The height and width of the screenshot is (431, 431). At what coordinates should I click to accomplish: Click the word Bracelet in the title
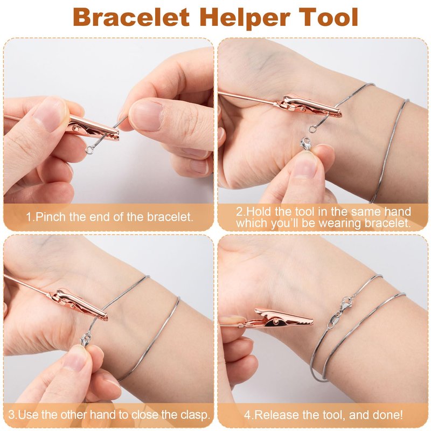click(x=131, y=17)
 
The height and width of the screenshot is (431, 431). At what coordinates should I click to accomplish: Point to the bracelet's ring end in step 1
click(x=89, y=150)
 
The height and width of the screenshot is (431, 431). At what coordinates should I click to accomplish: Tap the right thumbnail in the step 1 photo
click(x=145, y=115)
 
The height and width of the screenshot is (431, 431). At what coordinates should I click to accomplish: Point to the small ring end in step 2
click(x=312, y=129)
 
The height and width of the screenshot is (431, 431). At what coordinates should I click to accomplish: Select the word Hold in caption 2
click(x=259, y=212)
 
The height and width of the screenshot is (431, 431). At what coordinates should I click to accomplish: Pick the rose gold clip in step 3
click(x=80, y=304)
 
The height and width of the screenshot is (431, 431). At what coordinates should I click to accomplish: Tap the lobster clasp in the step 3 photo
click(x=86, y=339)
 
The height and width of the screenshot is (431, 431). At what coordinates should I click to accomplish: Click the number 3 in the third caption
click(x=11, y=414)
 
